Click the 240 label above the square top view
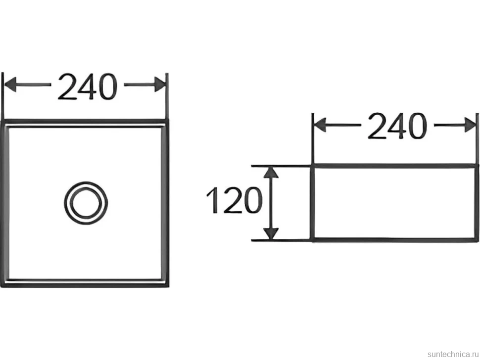pos(88,87)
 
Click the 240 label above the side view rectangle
pos(397,126)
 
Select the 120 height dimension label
pos(235,200)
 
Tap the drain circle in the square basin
pos(86,203)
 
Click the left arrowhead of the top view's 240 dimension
pos(10,85)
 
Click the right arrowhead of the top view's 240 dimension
pos(160,85)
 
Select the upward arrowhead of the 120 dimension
pos(271,173)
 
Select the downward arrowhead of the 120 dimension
pos(271,234)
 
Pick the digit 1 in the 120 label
pos(213,200)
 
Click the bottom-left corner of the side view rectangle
pos(312,240)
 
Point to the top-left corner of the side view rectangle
pos(312,166)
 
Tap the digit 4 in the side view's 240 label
pos(397,126)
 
